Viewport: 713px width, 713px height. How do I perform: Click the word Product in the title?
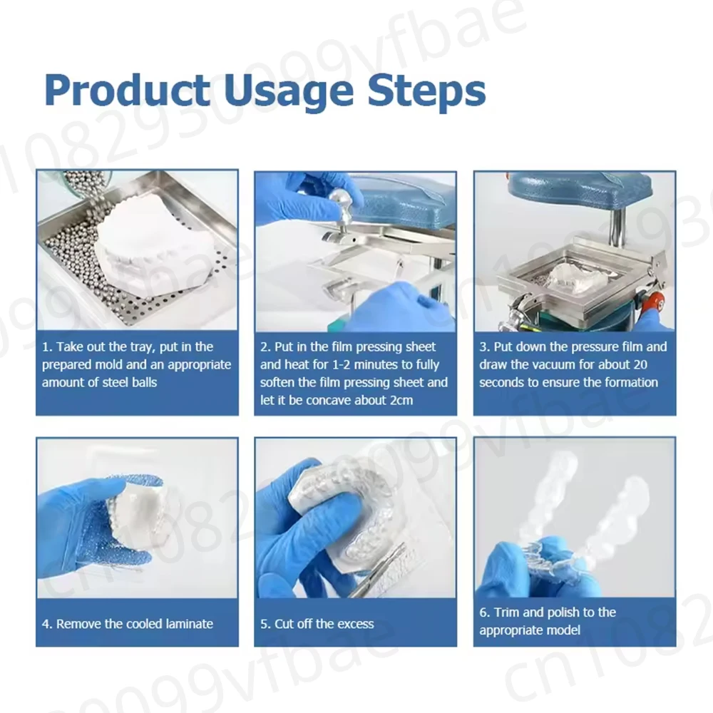coord(128,90)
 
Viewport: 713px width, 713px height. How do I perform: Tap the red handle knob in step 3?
coord(656,301)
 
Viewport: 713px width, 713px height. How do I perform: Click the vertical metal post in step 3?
coord(617,226)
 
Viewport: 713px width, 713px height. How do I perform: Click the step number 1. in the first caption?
coord(47,347)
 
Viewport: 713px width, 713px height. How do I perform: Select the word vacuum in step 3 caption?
coord(560,364)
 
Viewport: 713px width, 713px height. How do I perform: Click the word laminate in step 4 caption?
coord(190,623)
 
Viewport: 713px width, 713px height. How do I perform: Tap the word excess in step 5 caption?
coord(355,624)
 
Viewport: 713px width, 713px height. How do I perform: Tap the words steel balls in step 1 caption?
coord(128,382)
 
